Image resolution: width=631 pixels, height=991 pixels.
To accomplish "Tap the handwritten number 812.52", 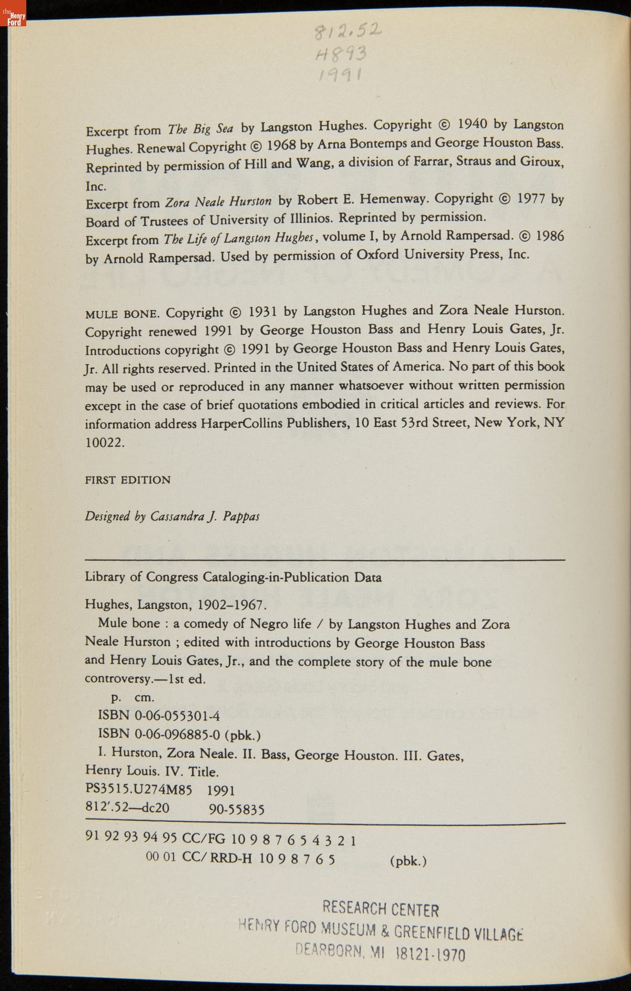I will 347,33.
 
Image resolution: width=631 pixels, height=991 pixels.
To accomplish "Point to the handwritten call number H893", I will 341,55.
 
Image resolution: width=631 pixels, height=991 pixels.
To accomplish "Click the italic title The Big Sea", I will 200,129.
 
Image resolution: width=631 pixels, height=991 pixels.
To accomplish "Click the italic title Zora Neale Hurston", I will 218,202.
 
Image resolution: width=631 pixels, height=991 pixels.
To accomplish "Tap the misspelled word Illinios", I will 311,219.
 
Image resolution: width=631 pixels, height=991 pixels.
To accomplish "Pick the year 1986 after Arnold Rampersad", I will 549,236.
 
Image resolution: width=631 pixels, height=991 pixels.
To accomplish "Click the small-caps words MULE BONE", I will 121,314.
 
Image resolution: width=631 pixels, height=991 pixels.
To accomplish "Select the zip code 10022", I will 105,442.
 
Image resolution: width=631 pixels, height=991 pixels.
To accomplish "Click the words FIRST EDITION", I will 128,480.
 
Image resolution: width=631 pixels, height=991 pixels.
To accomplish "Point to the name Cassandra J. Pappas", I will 205,516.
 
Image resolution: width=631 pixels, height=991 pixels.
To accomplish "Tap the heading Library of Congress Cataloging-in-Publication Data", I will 233,577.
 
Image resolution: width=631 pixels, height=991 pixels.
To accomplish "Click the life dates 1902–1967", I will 232,604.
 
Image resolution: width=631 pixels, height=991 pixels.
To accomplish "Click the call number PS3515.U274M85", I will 139,790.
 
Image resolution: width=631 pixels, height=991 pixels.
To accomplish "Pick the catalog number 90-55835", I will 237,809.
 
